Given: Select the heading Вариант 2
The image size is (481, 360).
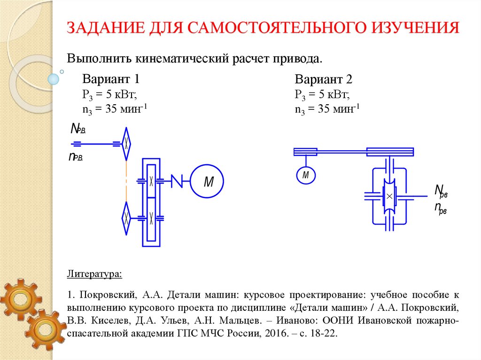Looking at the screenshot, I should click(x=324, y=79).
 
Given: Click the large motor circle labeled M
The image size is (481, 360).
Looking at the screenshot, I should click(x=207, y=181).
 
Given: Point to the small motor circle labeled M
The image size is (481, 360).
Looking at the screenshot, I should click(x=306, y=176).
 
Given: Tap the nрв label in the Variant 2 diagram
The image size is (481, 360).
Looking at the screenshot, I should click(x=440, y=208).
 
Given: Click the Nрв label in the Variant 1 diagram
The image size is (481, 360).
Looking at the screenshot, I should click(x=78, y=129).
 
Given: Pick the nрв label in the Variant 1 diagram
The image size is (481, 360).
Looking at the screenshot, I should click(x=76, y=157).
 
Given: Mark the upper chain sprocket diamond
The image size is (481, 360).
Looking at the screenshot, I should click(x=126, y=143).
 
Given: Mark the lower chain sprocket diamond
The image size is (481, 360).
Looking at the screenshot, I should click(x=126, y=218).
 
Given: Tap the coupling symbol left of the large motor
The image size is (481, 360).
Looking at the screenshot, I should click(x=177, y=181).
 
